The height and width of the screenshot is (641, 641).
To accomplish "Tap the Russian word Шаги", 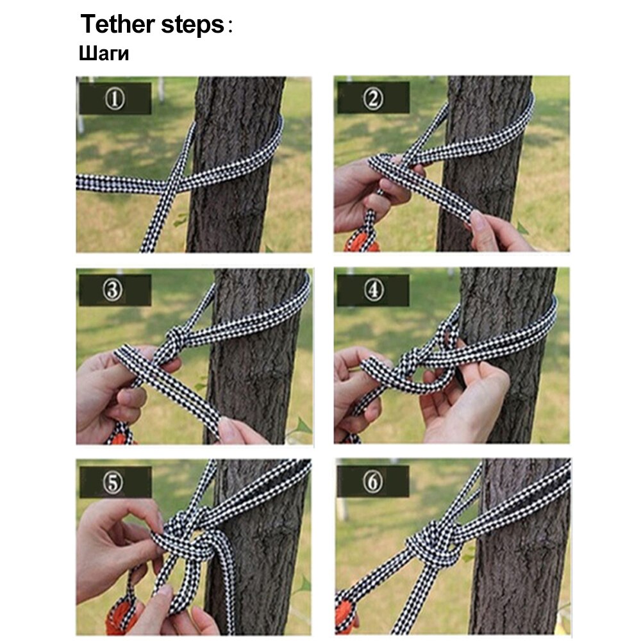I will tap(104, 54).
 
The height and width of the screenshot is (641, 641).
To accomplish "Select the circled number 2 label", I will tap(374, 99).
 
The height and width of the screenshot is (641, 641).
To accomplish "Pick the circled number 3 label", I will tap(115, 290).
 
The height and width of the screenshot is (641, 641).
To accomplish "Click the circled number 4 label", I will tap(374, 290).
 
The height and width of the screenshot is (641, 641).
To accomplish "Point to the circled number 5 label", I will tap(115, 482).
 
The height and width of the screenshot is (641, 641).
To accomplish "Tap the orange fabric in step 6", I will tap(346, 619).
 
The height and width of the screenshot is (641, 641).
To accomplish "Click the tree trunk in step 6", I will tap(519, 577).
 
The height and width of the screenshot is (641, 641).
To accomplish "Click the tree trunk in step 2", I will tap(487, 212).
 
